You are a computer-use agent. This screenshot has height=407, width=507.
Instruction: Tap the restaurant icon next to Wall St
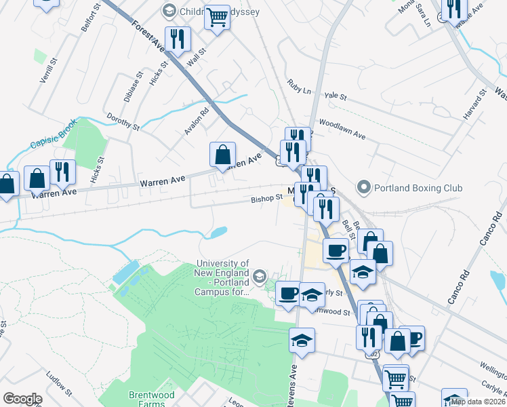click(x=178, y=39)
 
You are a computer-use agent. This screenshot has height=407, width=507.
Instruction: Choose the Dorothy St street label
click(x=122, y=121)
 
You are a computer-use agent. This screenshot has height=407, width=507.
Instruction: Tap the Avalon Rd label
click(x=198, y=117)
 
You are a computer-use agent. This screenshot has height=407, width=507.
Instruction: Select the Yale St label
click(x=335, y=97)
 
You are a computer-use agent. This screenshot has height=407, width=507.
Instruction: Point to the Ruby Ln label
click(x=298, y=90)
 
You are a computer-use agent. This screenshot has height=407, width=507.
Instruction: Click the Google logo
click(x=22, y=399)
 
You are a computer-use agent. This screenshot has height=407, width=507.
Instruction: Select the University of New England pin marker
click(x=259, y=276)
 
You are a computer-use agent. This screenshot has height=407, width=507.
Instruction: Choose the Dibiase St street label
click(x=139, y=87)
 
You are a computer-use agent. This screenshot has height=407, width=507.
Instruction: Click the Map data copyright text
click(x=478, y=402)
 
